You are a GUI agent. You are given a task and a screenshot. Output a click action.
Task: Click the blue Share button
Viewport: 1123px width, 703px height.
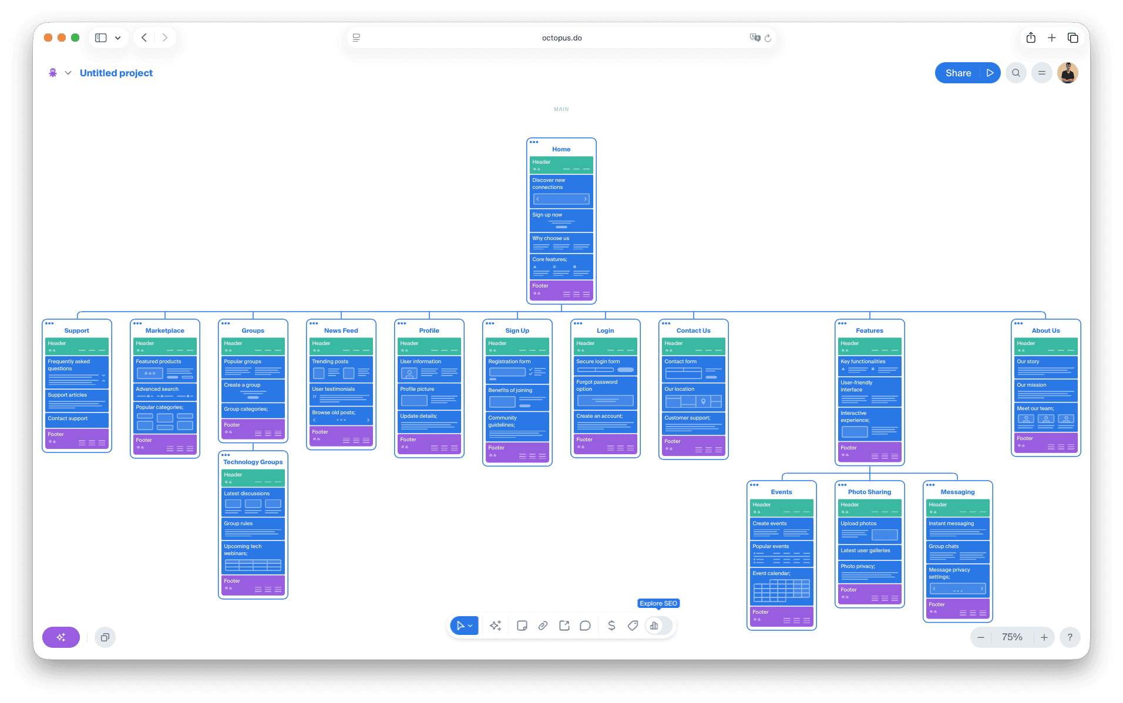click(958, 73)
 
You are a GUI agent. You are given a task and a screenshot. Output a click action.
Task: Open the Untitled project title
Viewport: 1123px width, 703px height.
click(116, 73)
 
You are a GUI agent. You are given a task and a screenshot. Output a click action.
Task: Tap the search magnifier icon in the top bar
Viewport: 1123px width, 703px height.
click(1016, 73)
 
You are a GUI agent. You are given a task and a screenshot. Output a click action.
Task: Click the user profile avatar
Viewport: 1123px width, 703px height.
click(1067, 73)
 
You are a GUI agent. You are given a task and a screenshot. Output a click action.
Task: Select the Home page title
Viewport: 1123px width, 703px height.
click(561, 149)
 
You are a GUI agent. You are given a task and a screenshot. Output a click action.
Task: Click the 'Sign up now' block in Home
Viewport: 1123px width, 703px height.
click(561, 220)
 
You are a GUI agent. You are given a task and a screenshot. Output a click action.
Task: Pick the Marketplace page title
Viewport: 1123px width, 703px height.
click(164, 330)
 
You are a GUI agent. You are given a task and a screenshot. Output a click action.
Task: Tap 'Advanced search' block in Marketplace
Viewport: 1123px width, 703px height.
click(164, 392)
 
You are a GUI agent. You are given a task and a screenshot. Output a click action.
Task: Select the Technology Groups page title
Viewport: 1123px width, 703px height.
click(253, 462)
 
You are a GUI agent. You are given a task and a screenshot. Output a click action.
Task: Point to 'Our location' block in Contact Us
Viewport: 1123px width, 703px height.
click(693, 397)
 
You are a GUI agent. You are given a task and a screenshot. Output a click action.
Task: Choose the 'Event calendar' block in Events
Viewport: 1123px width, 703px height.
click(781, 586)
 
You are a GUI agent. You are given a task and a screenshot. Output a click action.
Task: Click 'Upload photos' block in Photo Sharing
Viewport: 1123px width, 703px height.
click(869, 530)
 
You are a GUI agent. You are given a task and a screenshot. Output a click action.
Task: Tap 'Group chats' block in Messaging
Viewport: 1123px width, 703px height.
click(957, 552)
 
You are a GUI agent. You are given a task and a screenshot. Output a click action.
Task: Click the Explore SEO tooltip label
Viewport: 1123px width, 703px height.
click(658, 603)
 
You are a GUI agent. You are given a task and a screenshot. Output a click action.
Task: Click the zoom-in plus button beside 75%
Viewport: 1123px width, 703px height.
click(1044, 637)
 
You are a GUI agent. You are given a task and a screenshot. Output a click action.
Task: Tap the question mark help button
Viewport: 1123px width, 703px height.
click(1070, 637)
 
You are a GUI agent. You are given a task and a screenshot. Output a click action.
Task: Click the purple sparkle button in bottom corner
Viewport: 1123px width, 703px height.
click(61, 637)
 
